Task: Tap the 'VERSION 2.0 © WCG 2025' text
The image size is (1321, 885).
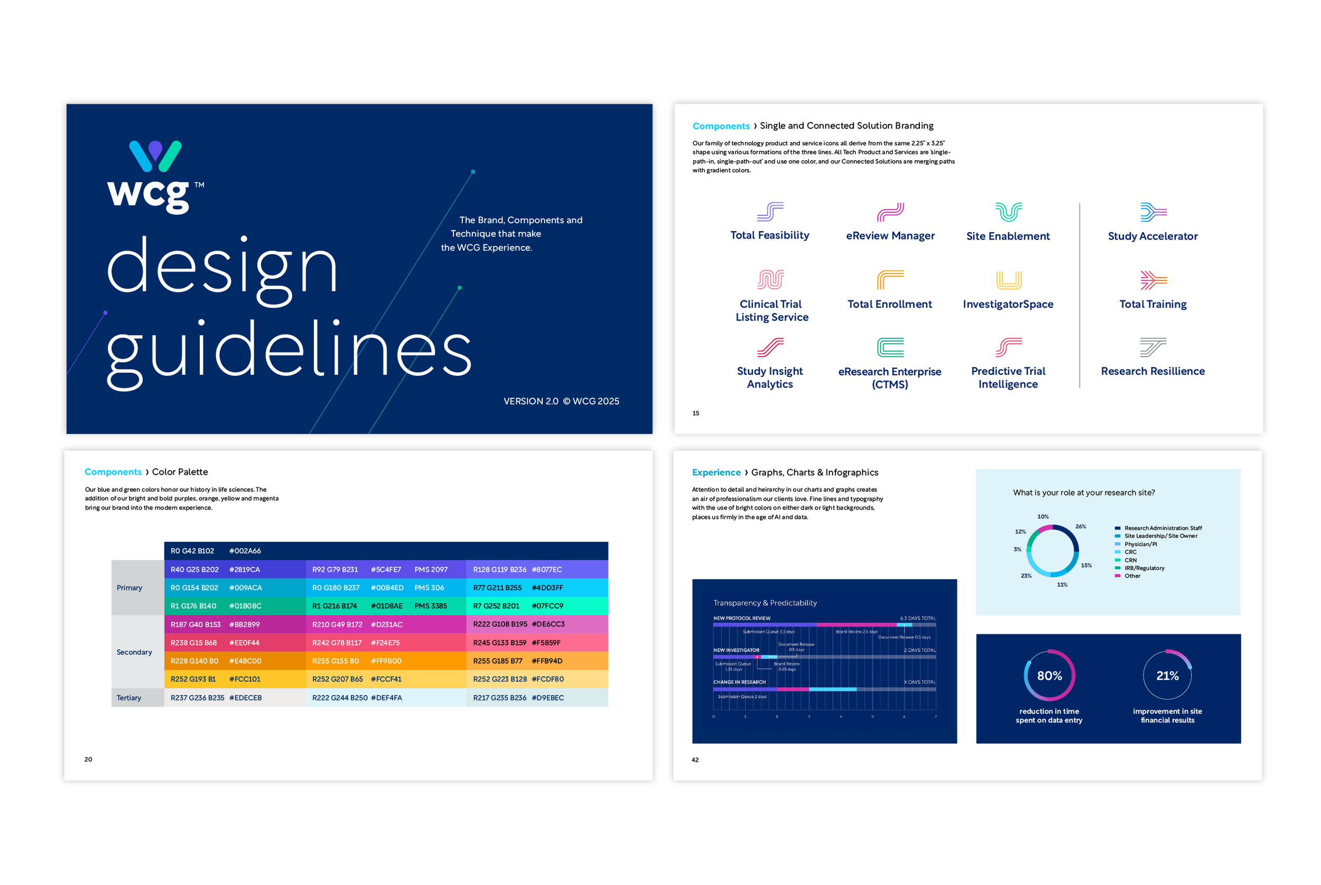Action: [561, 401]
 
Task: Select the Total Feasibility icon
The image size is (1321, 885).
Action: [770, 211]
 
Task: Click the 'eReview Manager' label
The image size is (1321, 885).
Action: [890, 236]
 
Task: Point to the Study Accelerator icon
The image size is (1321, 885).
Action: [1153, 211]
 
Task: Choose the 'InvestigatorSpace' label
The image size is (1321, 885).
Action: [1008, 304]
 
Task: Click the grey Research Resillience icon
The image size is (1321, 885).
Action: [1153, 347]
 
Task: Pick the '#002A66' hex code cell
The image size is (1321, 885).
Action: [245, 551]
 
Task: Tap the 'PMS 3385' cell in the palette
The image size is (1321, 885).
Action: [430, 606]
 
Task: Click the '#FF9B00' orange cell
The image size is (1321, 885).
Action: [386, 661]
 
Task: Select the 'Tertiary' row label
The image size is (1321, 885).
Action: [128, 698]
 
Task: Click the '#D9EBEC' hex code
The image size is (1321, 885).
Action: [548, 698]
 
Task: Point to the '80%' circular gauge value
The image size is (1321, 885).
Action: [1049, 676]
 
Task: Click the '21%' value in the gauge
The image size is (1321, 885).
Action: [1167, 676]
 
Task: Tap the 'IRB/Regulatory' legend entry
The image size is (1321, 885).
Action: [1144, 568]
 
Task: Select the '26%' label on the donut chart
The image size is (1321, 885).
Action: [1080, 527]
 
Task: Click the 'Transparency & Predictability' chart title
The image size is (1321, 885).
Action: [765, 603]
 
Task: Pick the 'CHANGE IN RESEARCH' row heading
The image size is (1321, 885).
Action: [739, 682]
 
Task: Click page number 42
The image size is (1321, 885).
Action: [695, 760]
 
